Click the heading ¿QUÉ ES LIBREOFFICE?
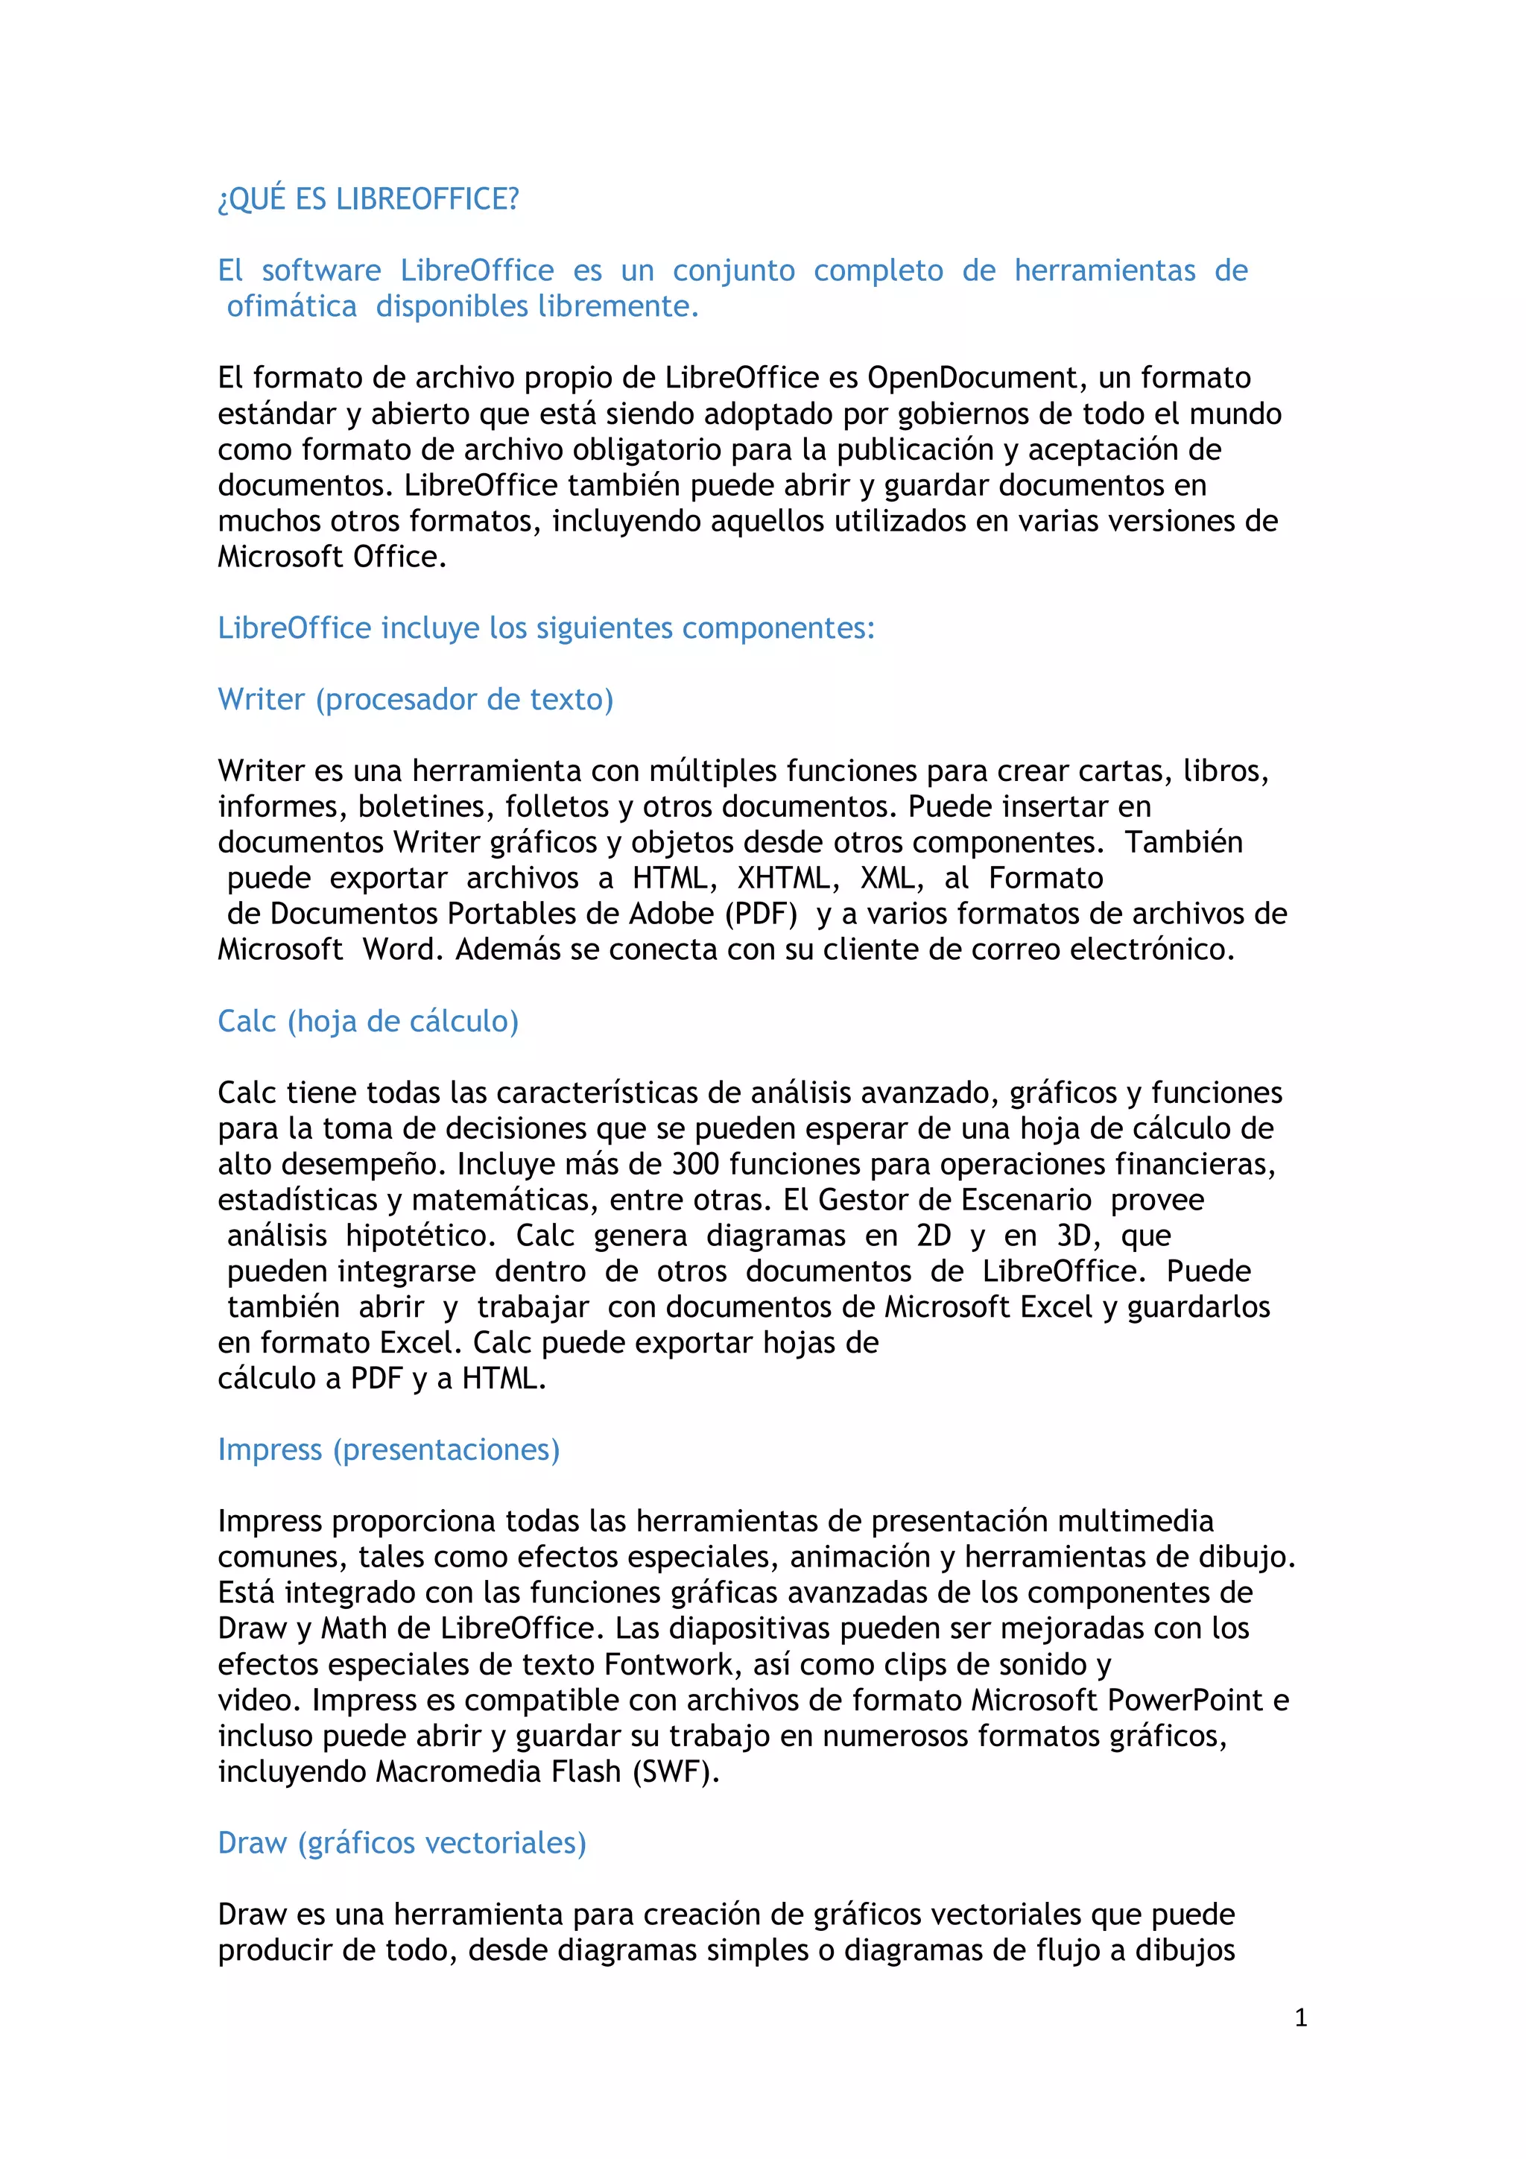pyautogui.click(x=367, y=199)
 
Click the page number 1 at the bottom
pyautogui.click(x=1300, y=2018)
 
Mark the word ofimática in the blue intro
pyautogui.click(x=291, y=306)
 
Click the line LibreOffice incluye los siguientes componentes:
pyautogui.click(x=545, y=628)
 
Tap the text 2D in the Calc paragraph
pyautogui.click(x=934, y=1236)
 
